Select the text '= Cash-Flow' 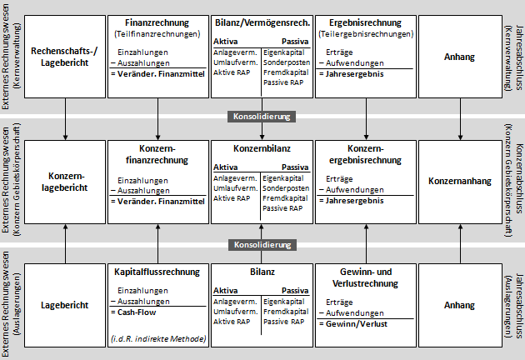tap(137, 311)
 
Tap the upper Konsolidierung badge tap(262, 117)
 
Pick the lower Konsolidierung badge tap(262, 245)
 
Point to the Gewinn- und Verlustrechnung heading tap(366, 278)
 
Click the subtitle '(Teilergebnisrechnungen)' tap(366, 34)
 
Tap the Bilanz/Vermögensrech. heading tap(262, 22)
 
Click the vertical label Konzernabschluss tap(519, 180)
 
